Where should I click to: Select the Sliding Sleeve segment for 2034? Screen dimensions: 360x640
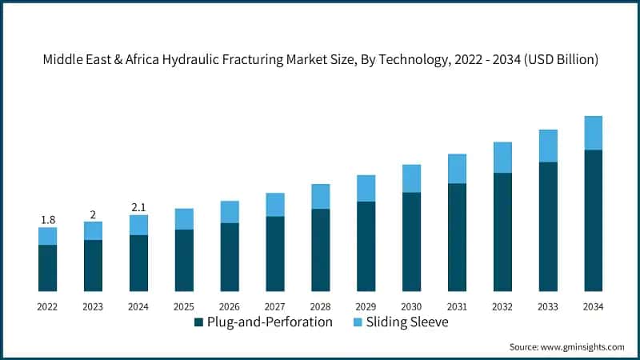[593, 133]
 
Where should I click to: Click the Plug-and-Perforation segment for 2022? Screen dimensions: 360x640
[47, 268]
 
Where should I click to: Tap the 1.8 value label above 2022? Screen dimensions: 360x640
[47, 219]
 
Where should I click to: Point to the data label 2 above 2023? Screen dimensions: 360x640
[93, 214]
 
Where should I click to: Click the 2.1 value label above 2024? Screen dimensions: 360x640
[138, 207]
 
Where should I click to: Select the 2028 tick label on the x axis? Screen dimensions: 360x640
[320, 306]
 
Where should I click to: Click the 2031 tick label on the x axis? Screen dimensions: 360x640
[457, 306]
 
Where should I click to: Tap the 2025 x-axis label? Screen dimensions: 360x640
[184, 306]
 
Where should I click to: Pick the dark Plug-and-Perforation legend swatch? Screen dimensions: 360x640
[198, 322]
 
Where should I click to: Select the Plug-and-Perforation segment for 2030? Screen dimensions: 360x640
[411, 242]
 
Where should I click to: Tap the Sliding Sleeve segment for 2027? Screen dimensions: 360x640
[275, 205]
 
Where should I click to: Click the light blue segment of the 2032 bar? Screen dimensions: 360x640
[502, 158]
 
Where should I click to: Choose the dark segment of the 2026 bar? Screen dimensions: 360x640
[230, 257]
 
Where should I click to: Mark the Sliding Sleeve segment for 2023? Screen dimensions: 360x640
[93, 230]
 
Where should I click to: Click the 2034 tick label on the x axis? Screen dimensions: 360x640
[593, 306]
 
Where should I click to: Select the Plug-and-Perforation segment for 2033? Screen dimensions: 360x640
[548, 226]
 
